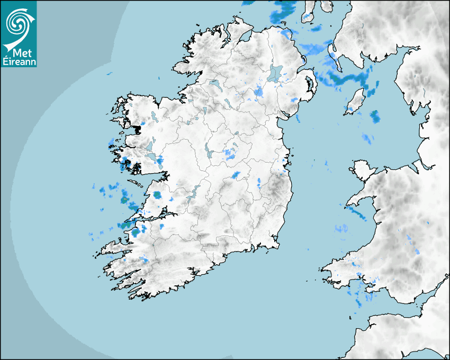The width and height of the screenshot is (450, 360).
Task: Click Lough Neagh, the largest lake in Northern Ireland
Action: coord(275,73)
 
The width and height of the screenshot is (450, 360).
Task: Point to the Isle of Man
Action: coord(357,101)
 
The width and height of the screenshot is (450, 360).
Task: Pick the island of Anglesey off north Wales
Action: coord(362,172)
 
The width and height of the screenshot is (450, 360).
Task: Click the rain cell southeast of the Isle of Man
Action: coord(375,116)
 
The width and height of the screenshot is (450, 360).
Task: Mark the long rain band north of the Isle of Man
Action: coord(349,79)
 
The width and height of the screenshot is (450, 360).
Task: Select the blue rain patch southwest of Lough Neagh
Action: coord(258,92)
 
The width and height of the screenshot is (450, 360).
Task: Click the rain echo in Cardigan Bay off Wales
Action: coord(341,229)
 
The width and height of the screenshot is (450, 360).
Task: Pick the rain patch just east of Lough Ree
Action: coord(230,154)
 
